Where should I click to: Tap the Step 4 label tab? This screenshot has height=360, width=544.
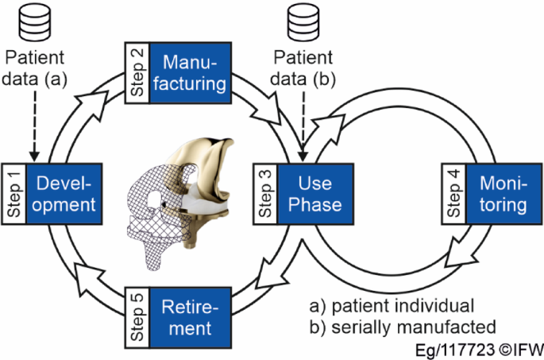point(452,194)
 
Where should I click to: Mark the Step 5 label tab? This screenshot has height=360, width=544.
point(134,316)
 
